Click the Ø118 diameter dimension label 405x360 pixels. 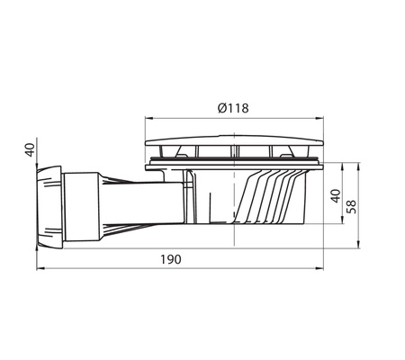click(x=233, y=108)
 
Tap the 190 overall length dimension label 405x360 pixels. click(x=171, y=259)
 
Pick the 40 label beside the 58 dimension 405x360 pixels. click(x=336, y=196)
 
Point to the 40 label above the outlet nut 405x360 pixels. click(x=30, y=149)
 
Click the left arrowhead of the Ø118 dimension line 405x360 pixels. click(x=149, y=119)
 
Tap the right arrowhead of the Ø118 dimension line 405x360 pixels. click(x=319, y=119)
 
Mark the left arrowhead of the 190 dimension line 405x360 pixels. click(x=40, y=268)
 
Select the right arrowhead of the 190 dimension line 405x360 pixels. click(x=319, y=268)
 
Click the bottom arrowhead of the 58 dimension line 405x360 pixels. click(x=358, y=244)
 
